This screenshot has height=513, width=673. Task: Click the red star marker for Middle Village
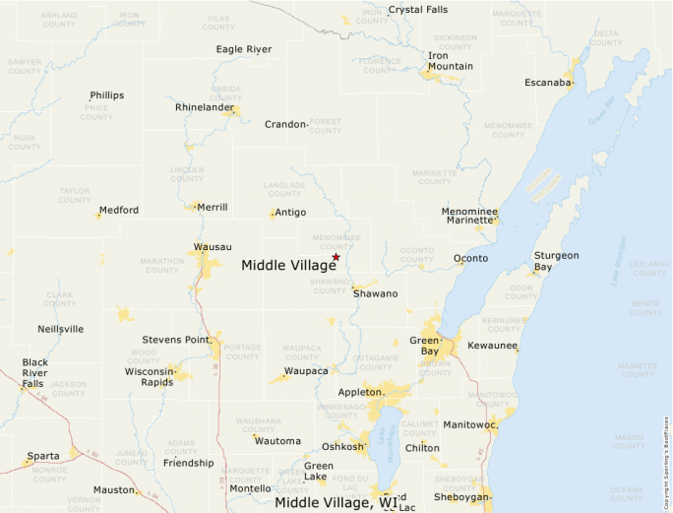tap(336, 257)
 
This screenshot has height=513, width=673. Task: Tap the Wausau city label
tap(213, 246)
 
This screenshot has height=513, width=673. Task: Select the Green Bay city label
tap(425, 347)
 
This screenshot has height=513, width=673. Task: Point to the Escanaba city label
tap(548, 82)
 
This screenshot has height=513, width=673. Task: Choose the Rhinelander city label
tap(205, 107)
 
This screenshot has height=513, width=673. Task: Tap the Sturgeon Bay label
tap(556, 261)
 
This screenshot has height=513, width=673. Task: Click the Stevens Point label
tap(175, 340)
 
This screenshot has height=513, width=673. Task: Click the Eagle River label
tap(243, 49)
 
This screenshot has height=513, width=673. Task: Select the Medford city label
tap(118, 210)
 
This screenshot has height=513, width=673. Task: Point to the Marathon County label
tap(162, 266)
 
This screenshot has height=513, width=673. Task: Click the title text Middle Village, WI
tap(336, 503)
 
